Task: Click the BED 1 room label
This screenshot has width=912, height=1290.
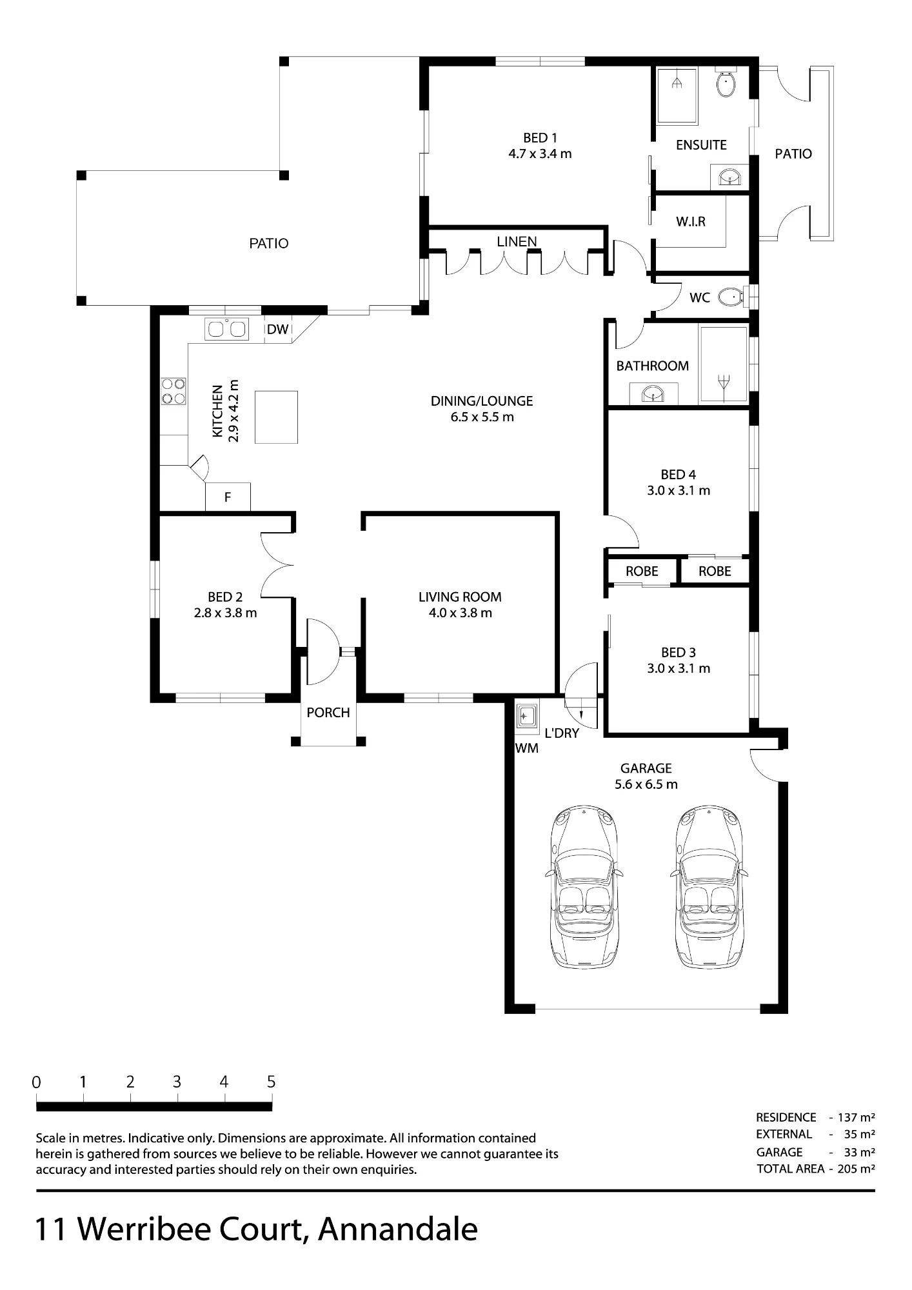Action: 540,137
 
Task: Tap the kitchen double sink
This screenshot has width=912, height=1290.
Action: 226,330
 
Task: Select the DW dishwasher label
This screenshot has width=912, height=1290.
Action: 278,330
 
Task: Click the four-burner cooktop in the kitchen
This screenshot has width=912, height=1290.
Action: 173,391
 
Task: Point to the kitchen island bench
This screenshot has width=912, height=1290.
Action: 276,417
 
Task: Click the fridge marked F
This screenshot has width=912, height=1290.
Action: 228,497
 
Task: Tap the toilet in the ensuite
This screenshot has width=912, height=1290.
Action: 727,84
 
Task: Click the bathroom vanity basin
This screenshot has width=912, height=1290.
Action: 653,393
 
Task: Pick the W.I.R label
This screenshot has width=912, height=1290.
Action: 691,221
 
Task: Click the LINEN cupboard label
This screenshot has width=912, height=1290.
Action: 517,241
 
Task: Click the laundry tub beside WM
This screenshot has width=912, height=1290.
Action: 528,717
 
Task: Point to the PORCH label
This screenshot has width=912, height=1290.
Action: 328,713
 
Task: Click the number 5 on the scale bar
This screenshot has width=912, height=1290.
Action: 271,1082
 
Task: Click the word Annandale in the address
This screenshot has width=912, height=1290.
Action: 398,1229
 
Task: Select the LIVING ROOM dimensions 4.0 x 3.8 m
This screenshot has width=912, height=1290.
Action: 460,613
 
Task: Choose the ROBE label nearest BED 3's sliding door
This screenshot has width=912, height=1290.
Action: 642,571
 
